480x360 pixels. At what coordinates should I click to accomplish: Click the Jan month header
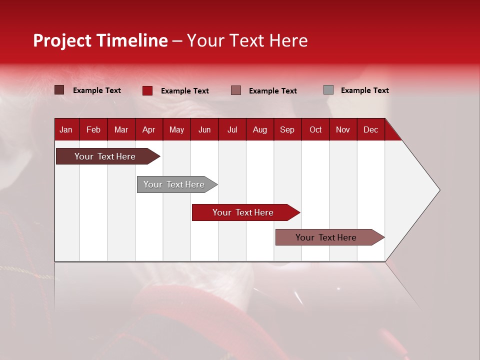[x=66, y=129]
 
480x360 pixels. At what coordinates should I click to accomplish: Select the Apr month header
[x=148, y=129]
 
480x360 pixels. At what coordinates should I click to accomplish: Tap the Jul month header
[x=232, y=129]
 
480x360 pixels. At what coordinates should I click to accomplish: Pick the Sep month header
[x=287, y=129]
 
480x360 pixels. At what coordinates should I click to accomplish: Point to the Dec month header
[x=370, y=129]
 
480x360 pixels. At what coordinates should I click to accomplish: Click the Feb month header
[x=93, y=129]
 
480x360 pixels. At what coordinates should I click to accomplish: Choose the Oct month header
[x=315, y=129]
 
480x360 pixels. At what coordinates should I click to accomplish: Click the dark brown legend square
[x=59, y=90]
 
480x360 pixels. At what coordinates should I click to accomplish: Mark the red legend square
[x=147, y=90]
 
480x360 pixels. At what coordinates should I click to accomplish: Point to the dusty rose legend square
[x=236, y=90]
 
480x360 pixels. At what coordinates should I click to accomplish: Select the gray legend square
[x=328, y=90]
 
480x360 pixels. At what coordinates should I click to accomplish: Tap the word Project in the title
[x=62, y=41]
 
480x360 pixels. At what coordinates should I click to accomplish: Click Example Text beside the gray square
[x=364, y=90]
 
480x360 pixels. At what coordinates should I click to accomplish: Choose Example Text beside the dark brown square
[x=96, y=90]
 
